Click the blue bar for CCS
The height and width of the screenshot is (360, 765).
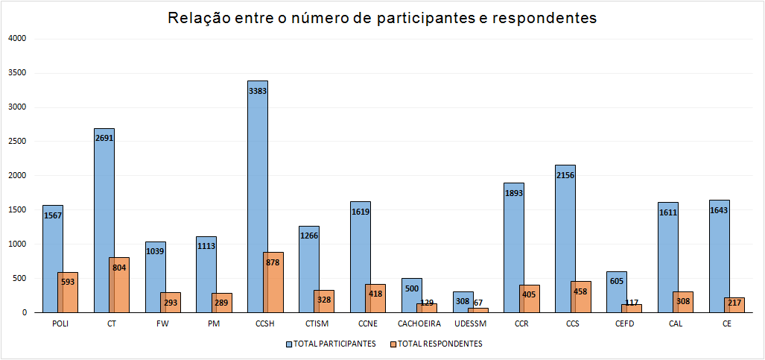point(565,224)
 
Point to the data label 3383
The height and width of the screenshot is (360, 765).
point(258,91)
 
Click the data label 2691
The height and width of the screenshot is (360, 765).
point(104,138)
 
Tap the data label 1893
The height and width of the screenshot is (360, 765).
point(514,192)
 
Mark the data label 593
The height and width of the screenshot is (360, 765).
point(68,282)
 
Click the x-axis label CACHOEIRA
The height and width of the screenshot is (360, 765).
point(419,324)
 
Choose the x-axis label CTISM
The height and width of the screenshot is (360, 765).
point(317,324)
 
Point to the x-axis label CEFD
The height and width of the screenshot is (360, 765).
point(624,324)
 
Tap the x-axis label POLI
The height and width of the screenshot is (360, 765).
point(60,324)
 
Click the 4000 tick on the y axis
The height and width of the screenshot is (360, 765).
point(16,39)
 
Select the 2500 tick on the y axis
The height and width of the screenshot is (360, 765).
point(16,142)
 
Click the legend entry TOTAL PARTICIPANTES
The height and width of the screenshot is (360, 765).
point(331,344)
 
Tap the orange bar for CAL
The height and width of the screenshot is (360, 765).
point(683,302)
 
